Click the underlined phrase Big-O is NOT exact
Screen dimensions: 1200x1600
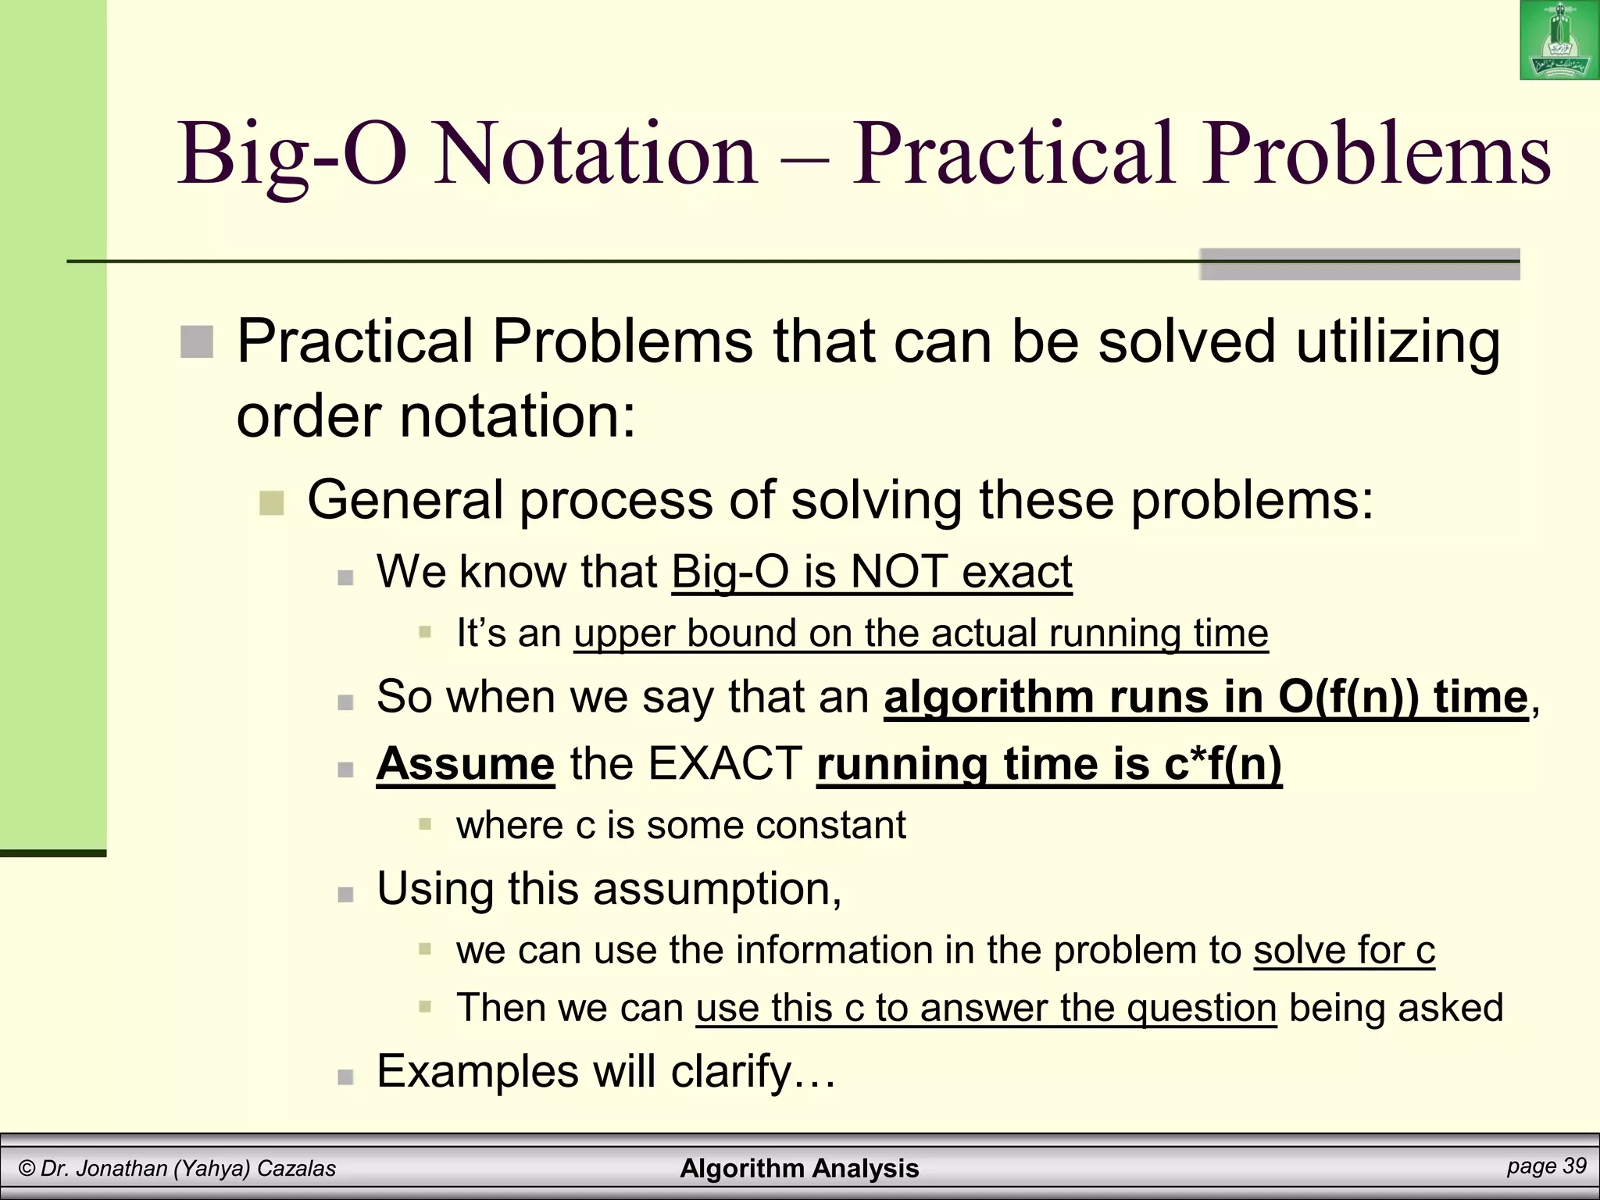click(871, 572)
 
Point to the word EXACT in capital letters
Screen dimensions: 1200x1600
click(725, 763)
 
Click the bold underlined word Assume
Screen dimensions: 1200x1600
click(466, 763)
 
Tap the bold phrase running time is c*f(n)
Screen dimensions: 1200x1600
click(1048, 763)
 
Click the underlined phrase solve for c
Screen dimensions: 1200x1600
click(1344, 951)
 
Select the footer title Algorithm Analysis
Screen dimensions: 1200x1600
click(799, 1168)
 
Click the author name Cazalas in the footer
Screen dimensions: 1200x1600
click(296, 1169)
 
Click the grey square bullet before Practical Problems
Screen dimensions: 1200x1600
click(197, 342)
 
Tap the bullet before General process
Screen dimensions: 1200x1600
click(271, 502)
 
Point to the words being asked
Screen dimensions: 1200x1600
click(1395, 1008)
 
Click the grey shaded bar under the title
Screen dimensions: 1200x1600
click(1359, 265)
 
